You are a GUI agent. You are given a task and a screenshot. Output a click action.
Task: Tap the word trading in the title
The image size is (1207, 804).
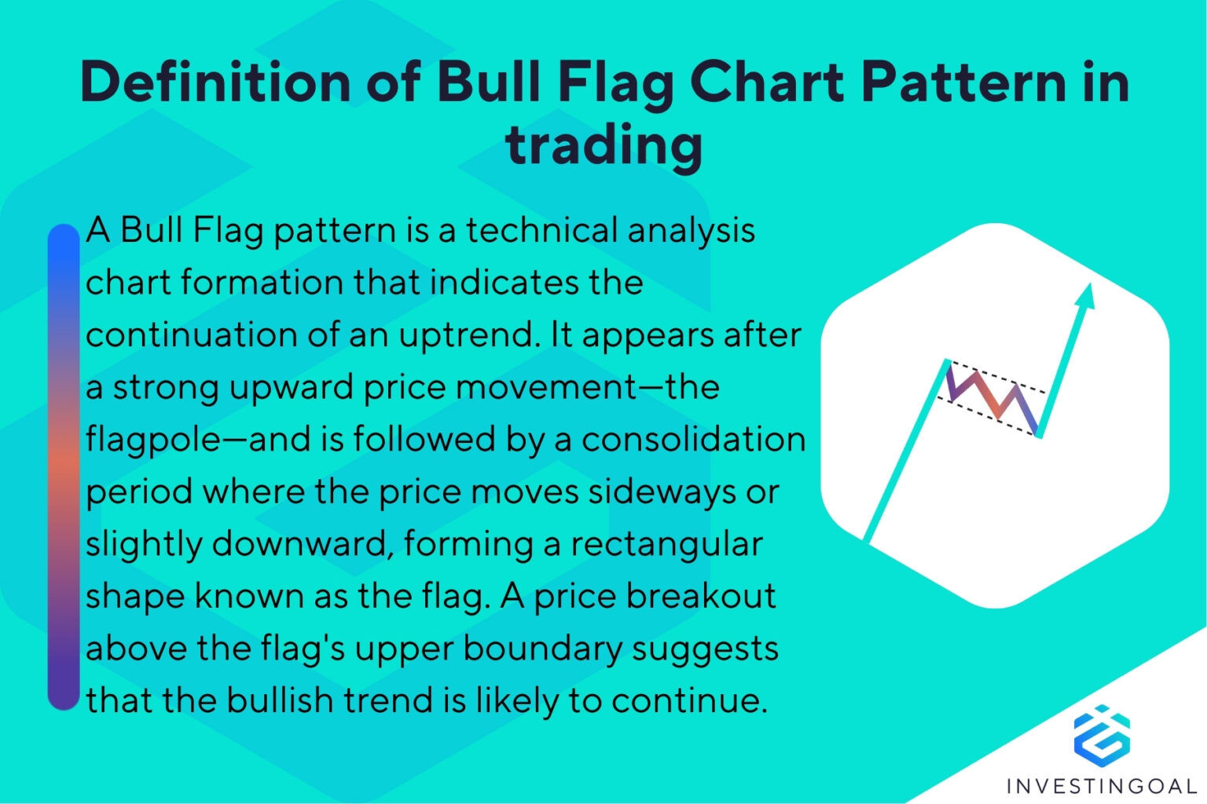click(603, 145)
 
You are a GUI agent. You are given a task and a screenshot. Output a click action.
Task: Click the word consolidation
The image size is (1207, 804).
click(693, 440)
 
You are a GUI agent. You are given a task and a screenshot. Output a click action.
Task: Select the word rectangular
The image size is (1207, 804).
click(666, 544)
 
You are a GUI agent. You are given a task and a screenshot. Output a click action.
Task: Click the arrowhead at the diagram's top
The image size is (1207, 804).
click(1085, 297)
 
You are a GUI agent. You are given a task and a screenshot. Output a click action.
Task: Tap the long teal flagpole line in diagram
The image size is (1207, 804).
click(904, 455)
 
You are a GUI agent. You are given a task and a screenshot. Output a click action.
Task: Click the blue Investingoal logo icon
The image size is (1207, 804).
click(1102, 735)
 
